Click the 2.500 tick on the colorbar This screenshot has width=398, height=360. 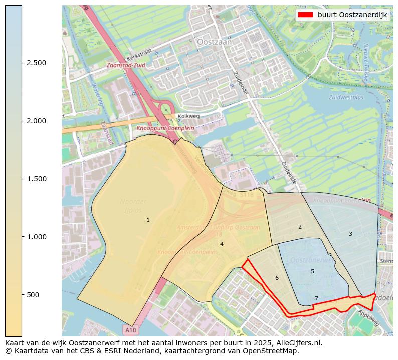[x=36, y=63]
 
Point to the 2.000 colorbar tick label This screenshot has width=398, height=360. [x=36, y=121]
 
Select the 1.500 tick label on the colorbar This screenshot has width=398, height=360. [x=36, y=179]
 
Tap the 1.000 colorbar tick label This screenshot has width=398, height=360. [x=36, y=237]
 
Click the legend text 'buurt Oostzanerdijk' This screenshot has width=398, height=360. [x=352, y=15]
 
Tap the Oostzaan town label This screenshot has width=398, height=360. [x=215, y=43]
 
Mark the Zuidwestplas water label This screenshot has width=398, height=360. [x=346, y=97]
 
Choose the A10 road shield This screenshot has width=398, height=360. [x=130, y=330]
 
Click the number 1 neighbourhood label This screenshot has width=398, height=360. [x=148, y=220]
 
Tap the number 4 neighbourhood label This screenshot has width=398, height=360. [x=222, y=244]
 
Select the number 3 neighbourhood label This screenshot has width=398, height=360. [x=350, y=234]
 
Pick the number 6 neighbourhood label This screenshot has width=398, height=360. [x=276, y=278]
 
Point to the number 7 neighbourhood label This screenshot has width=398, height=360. [x=316, y=298]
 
